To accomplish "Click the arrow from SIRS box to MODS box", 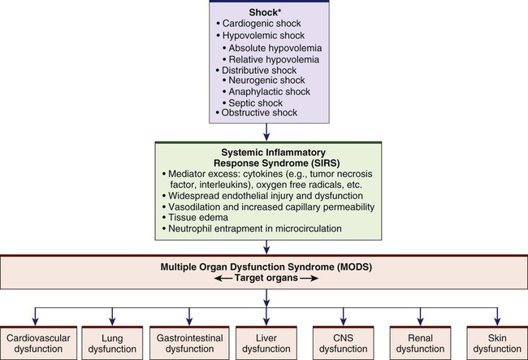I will click(264, 246).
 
